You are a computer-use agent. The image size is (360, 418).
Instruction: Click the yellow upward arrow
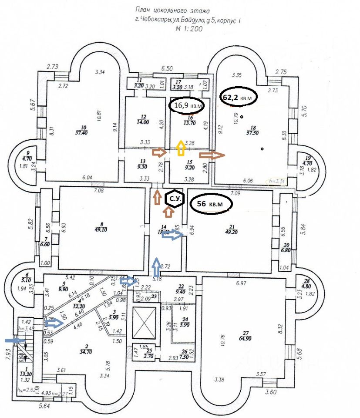[x=180, y=148]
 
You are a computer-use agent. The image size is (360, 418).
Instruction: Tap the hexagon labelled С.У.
[x=175, y=200]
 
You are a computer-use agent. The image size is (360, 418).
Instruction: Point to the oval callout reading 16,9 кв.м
[x=188, y=104]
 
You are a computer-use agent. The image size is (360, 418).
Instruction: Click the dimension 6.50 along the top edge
[x=167, y=69]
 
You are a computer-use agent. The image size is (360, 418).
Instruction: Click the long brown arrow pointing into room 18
[x=211, y=154]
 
